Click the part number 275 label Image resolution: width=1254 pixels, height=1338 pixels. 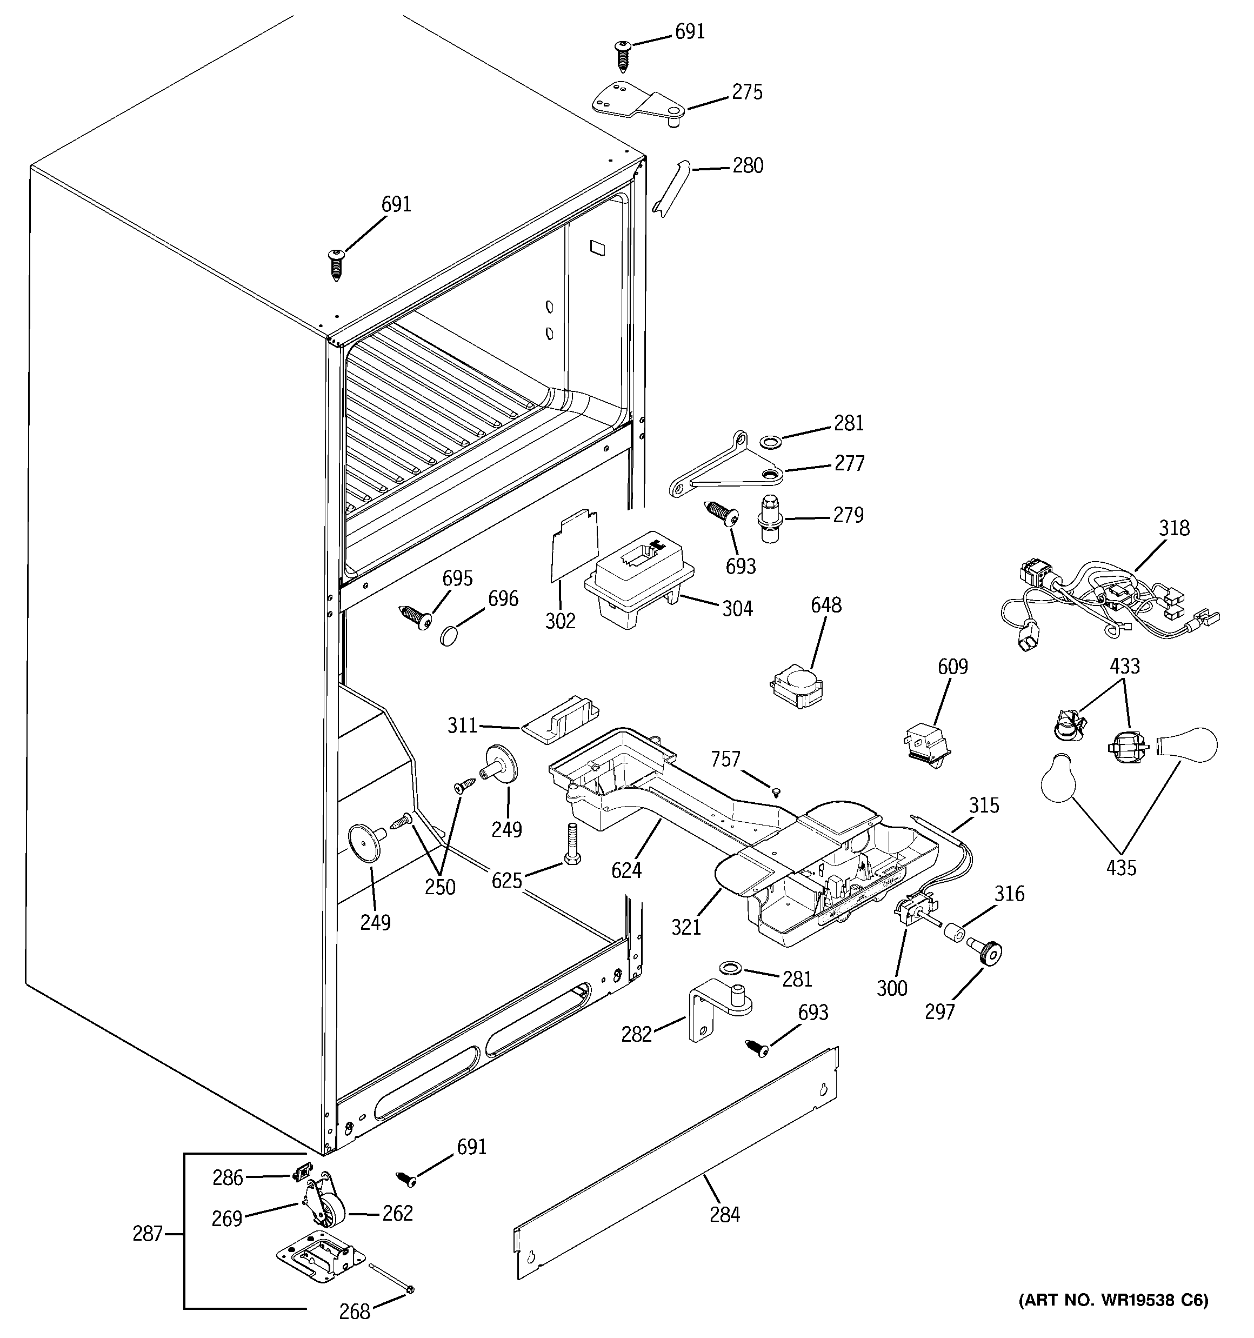pyautogui.click(x=747, y=92)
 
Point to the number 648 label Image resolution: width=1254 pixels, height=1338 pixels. pyautogui.click(x=825, y=605)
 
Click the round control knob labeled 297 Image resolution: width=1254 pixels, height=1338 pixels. pyautogui.click(x=988, y=953)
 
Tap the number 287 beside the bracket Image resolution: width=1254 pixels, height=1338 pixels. pyautogui.click(x=148, y=1234)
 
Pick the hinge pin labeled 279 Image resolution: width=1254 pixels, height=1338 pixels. pyautogui.click(x=771, y=518)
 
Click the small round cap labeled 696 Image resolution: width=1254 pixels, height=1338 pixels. pyautogui.click(x=450, y=635)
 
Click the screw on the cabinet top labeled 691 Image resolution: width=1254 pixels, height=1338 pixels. pyautogui.click(x=336, y=263)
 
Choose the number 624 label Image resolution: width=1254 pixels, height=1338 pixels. pyautogui.click(x=626, y=870)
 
